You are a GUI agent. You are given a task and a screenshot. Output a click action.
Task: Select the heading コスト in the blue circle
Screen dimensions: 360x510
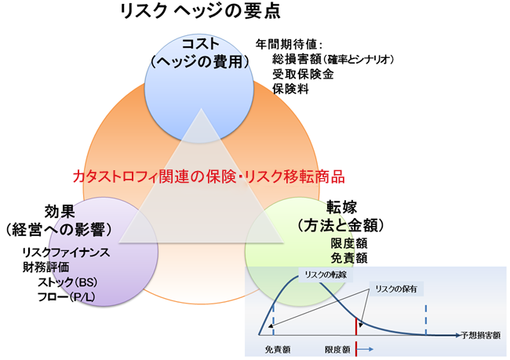click(x=199, y=44)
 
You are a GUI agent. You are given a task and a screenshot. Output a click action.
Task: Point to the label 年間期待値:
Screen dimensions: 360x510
click(x=290, y=45)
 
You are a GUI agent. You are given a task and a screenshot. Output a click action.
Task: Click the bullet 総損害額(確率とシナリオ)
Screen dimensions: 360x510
click(x=333, y=60)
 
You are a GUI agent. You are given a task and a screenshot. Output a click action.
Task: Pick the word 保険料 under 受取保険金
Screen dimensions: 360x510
click(x=290, y=90)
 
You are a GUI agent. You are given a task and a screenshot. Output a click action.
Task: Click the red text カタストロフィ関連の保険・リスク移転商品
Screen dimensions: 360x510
click(x=209, y=176)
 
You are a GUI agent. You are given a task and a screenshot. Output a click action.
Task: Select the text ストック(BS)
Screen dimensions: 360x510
click(x=66, y=282)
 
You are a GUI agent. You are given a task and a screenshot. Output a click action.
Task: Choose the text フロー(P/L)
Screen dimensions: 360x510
click(x=66, y=296)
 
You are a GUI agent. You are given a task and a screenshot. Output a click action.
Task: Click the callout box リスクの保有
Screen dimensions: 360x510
click(x=399, y=288)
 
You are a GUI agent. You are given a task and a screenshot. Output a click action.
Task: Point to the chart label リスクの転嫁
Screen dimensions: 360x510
click(x=324, y=276)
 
